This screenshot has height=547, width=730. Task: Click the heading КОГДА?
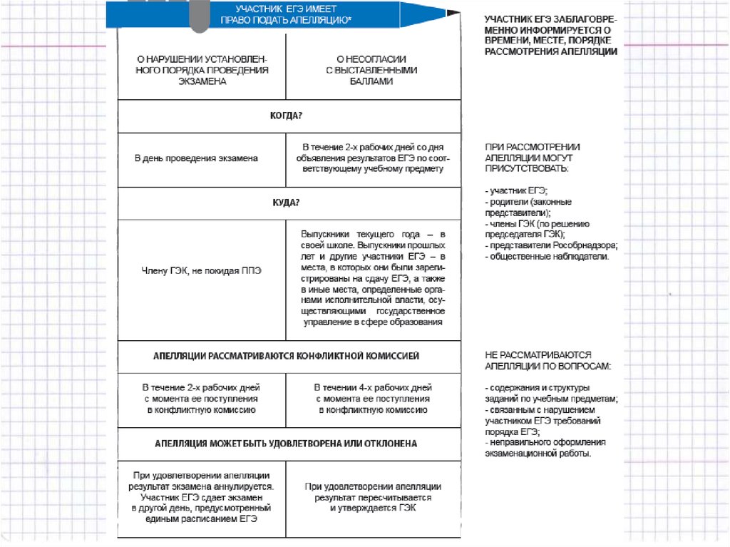287,116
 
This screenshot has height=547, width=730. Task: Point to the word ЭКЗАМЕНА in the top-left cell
202,82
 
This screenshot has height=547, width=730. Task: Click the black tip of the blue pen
450,14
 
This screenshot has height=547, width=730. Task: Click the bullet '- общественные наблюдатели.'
547,256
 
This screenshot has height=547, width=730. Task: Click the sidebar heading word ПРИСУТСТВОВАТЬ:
526,169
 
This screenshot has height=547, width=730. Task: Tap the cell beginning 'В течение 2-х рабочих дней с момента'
201,399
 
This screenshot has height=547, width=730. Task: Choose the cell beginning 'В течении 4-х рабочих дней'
373,399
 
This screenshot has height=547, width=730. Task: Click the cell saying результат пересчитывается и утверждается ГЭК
373,497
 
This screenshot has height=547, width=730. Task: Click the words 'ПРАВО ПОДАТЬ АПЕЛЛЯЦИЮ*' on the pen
286,21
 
